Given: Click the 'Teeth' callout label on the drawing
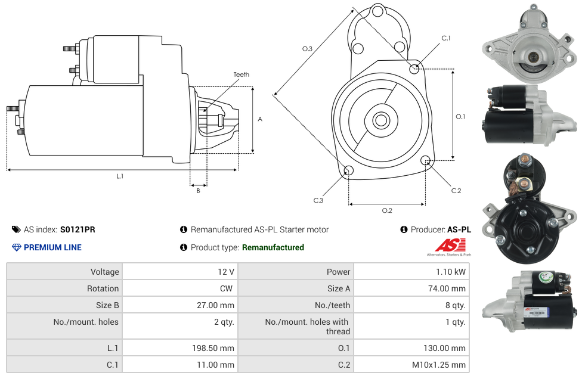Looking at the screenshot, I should click(x=241, y=74).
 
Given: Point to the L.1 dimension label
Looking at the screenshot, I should click(x=120, y=176).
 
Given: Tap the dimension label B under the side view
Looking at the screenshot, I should click(x=198, y=191).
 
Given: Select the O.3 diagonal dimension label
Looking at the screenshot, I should click(x=307, y=49).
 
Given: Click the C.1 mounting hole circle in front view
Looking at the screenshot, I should click(x=414, y=69).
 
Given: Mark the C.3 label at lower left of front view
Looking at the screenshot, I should click(x=318, y=200).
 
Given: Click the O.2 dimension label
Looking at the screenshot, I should click(x=386, y=210).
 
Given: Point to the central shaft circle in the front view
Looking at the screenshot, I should click(x=380, y=120).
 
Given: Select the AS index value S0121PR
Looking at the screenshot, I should click(x=78, y=229).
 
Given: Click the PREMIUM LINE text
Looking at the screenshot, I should click(x=52, y=247).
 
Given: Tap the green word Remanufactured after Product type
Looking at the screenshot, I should click(x=273, y=247).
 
